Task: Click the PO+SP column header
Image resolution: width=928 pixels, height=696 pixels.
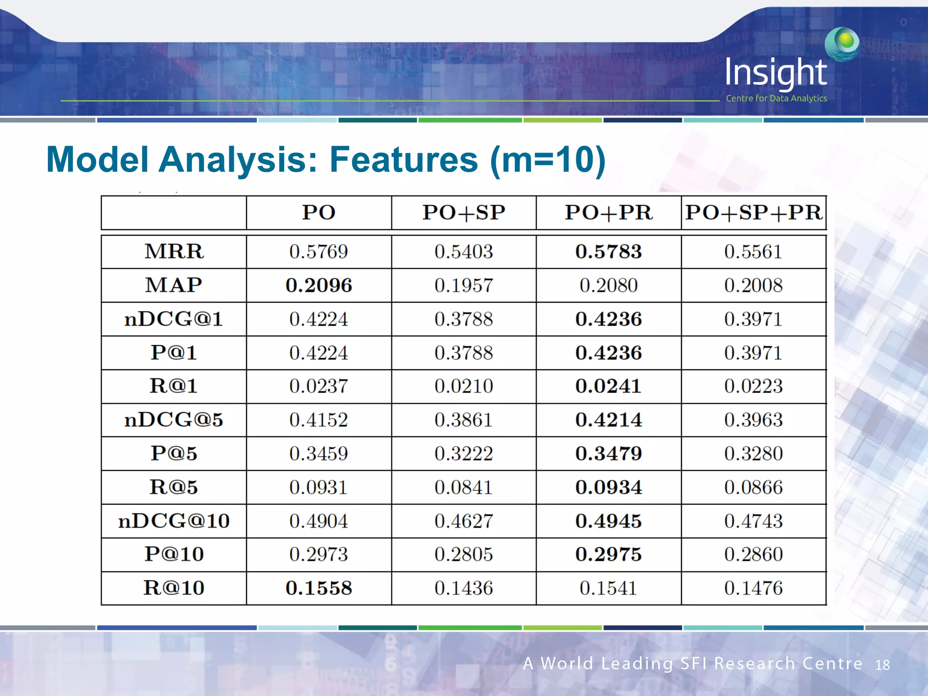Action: coord(464,213)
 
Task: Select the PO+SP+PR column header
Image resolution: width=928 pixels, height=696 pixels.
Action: coord(754,213)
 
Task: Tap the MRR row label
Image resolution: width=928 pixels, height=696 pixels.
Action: coord(174,251)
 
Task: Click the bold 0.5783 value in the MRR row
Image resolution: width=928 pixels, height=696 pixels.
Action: coord(609,251)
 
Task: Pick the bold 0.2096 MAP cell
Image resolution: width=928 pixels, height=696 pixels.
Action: coord(319,285)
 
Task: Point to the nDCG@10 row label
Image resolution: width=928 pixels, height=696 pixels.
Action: coord(174,521)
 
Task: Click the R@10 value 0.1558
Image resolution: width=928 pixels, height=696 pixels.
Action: coord(319,588)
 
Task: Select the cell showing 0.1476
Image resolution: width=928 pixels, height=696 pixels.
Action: coord(754,588)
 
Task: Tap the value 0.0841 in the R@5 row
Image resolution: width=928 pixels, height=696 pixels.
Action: coord(464,488)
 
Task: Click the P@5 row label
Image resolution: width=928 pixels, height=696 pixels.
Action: coord(174,454)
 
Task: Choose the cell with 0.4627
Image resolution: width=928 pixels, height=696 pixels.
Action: coord(464,521)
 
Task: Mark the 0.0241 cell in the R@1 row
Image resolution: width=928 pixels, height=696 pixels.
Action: coord(609,386)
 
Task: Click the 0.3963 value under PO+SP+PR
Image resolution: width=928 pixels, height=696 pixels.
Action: coord(754,420)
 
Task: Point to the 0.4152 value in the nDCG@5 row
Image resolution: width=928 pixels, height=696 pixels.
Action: coord(319,420)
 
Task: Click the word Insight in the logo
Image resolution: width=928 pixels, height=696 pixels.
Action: coord(776,72)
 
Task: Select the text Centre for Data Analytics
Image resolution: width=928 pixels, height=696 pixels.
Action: coord(776,98)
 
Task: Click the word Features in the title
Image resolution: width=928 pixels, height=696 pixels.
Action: coord(403,159)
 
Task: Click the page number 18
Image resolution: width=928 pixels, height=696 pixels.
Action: coord(882,665)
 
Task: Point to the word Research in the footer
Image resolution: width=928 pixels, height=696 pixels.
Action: coord(754,663)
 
